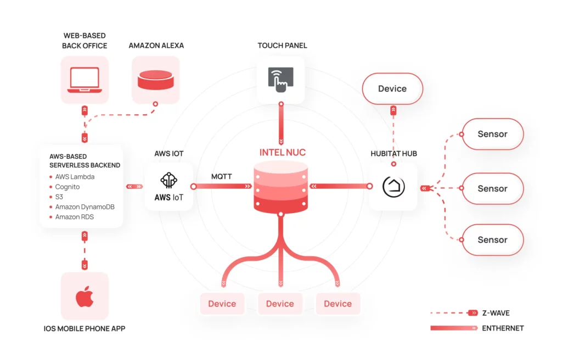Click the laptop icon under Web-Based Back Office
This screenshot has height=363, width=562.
pos(84,80)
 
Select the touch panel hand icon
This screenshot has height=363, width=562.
pos(280,79)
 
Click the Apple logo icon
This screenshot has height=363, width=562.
pos(84,297)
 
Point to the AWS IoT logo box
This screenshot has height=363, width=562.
pos(169,187)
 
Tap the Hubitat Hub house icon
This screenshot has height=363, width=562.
pos(394,187)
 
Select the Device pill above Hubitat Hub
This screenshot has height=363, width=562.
pos(392,88)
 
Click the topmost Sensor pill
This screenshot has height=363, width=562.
pos(492,134)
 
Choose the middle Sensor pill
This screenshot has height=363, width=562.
pos(492,188)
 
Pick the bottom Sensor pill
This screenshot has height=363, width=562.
pos(492,239)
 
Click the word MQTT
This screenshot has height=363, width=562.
pos(222,176)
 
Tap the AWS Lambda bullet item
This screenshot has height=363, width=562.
pos(75,177)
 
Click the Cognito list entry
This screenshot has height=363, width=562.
pos(68,187)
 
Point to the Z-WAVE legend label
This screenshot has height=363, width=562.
pos(496,313)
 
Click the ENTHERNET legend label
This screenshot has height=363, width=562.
pos(503,328)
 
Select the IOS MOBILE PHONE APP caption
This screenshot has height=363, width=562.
pos(84,329)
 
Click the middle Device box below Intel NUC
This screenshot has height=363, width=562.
pos(280,304)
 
